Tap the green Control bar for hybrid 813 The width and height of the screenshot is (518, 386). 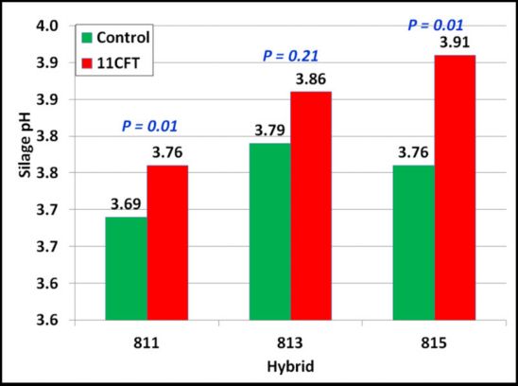269,232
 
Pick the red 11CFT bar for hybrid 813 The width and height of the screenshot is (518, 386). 311,205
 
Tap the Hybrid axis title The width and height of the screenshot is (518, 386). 289,363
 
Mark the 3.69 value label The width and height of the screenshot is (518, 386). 126,202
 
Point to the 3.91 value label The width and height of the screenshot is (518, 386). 456,42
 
